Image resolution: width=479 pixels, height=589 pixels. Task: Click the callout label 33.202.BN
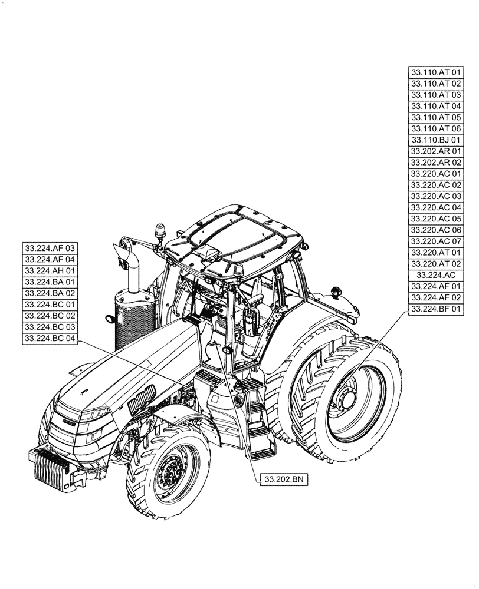point(284,480)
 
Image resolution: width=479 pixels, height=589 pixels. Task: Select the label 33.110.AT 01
point(436,72)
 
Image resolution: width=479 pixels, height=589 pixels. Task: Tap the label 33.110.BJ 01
point(436,140)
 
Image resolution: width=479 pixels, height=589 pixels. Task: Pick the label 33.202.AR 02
point(436,162)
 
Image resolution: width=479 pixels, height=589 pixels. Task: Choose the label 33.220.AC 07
point(436,241)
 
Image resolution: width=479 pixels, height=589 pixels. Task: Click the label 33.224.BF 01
point(436,309)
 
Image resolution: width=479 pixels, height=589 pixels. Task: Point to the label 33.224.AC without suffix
point(436,275)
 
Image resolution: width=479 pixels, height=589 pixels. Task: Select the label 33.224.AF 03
point(51,248)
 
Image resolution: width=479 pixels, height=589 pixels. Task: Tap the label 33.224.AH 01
point(51,270)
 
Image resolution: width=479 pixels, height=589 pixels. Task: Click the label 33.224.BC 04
point(51,338)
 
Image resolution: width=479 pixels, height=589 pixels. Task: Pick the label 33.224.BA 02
point(51,293)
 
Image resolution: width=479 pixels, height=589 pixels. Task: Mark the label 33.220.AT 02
point(436,263)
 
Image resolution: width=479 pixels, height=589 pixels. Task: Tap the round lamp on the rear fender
point(337,292)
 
